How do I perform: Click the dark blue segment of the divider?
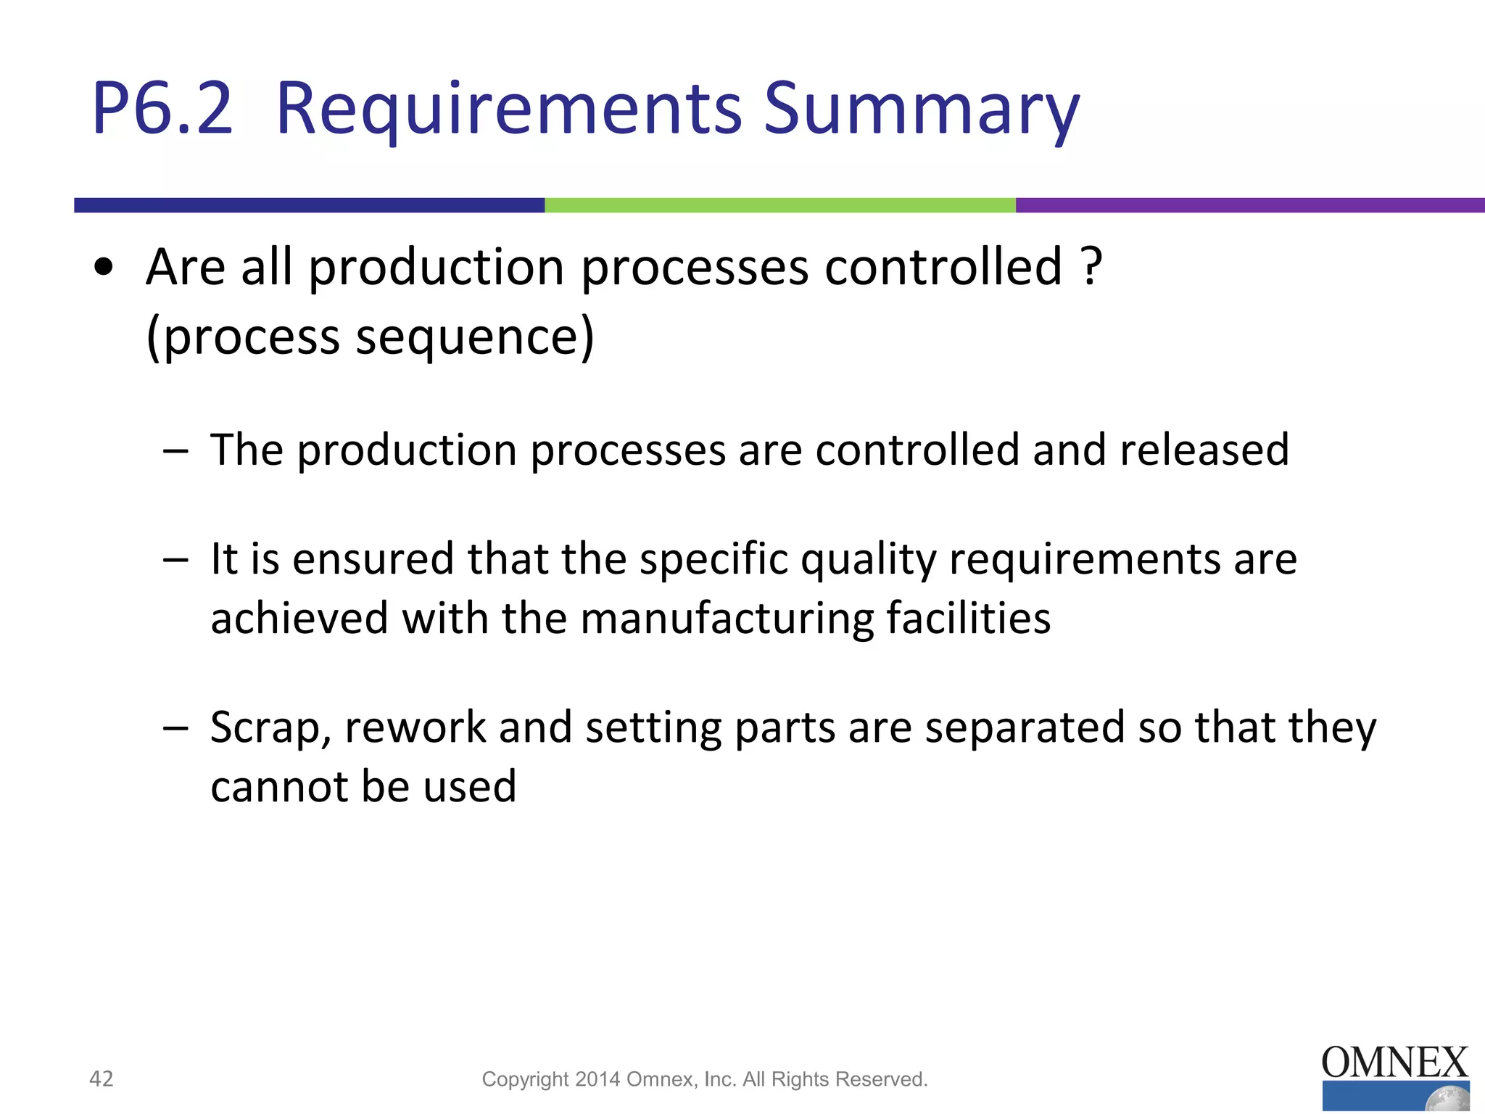coord(309,205)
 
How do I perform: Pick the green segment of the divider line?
coord(779,205)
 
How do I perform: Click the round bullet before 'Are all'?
coord(104,268)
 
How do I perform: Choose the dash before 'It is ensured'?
coord(175,560)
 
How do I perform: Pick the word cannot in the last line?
coord(279,787)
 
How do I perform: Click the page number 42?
coord(101,1078)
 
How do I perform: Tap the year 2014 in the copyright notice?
coord(597,1079)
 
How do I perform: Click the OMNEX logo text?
coord(1394,1063)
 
